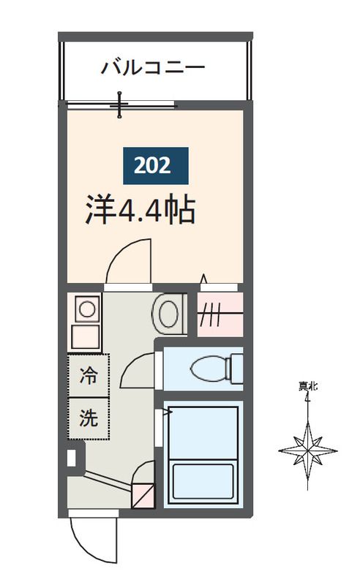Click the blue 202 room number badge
(x=154, y=165)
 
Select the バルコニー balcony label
(x=153, y=69)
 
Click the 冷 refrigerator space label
(x=89, y=377)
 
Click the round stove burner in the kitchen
(x=87, y=309)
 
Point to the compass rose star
(x=308, y=448)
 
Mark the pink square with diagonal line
(x=143, y=496)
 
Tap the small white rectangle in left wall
(x=72, y=458)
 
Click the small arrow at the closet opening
(x=203, y=279)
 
